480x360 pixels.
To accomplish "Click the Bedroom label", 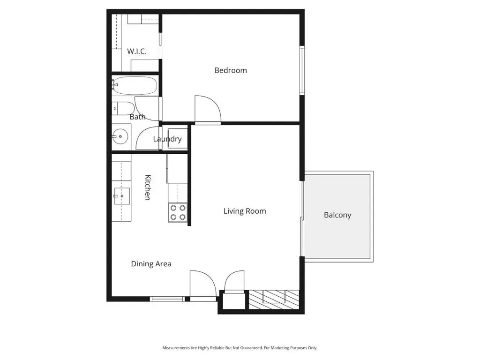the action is pos(231,70).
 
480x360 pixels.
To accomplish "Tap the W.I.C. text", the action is pos(137,51).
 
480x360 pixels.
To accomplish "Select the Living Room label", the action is pos(245,211).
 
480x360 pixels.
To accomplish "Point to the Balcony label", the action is pos(337,215).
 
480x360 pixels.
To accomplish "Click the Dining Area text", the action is pos(151,264).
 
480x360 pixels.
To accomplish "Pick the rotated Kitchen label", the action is pos(148,187).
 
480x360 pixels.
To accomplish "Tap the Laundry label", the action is pos(167,139).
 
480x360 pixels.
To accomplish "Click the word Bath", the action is pos(137,117).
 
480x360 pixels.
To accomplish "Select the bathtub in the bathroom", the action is pos(135,85).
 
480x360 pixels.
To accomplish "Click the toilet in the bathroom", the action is pos(123,108).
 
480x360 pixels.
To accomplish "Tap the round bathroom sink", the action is pos(120,136).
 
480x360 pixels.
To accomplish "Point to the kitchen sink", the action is pos(121,196).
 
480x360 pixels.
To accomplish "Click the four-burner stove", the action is pos(178,212).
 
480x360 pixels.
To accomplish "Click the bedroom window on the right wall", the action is pos(302,70).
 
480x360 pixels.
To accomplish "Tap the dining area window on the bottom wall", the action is pos(167,299).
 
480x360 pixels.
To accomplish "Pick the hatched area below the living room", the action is pos(274,300).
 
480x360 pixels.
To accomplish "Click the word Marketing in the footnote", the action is pos(280,348).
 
